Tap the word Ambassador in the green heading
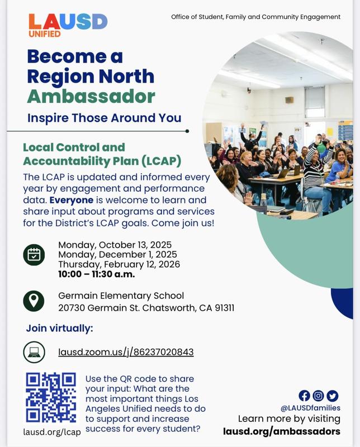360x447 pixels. click(91, 96)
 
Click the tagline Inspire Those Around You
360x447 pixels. click(105, 117)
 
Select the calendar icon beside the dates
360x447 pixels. click(34, 254)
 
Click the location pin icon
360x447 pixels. click(34, 301)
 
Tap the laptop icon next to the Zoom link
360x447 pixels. click(34, 352)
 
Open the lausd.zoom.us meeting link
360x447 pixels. click(126, 352)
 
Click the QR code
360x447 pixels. click(51, 397)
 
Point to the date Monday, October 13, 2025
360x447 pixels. click(115, 245)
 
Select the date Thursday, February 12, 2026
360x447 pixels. click(119, 264)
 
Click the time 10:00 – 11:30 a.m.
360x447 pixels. click(96, 274)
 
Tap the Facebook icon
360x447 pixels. click(305, 396)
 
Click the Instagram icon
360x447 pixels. click(319, 396)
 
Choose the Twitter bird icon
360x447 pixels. click(333, 396)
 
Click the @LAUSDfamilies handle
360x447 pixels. click(318, 408)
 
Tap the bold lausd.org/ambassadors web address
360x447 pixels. click(281, 431)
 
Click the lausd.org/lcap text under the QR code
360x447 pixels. click(52, 431)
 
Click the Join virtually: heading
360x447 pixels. click(59, 328)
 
